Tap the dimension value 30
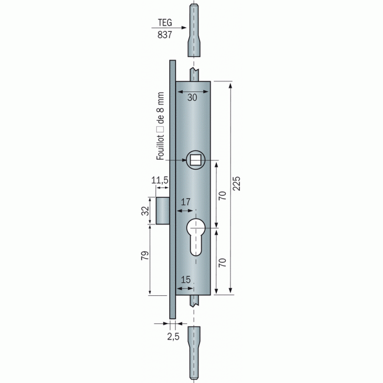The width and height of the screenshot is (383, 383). (192, 98)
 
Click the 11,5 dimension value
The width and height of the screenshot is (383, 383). (160, 179)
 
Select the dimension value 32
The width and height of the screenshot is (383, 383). (145, 211)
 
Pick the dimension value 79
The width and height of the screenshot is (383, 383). (145, 256)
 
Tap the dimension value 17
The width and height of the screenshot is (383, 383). (186, 202)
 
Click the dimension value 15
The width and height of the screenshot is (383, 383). (186, 280)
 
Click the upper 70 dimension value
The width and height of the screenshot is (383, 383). (223, 195)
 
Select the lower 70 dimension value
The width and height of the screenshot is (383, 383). (223, 262)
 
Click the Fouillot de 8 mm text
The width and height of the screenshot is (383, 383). (160, 130)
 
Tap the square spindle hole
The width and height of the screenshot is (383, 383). (195, 160)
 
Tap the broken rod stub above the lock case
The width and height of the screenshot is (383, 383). (195, 74)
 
